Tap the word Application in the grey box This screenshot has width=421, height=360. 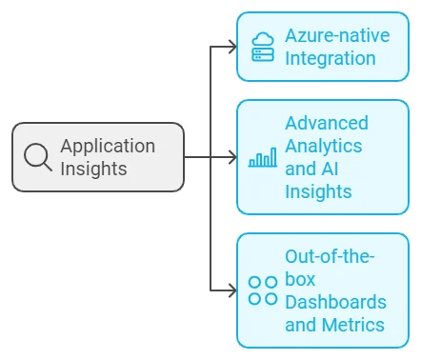point(108,146)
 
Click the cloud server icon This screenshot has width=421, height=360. point(262,47)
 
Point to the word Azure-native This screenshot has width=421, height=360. point(336,36)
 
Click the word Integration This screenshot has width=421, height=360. point(330,58)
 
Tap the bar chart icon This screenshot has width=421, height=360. point(262,158)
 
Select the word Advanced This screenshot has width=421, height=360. point(326,124)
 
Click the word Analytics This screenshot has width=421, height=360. point(323,147)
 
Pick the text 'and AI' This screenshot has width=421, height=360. point(310,170)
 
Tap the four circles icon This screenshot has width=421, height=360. point(263,290)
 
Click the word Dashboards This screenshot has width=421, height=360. point(335,302)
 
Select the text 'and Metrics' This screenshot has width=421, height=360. point(334,325)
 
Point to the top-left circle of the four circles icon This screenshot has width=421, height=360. point(255,283)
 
